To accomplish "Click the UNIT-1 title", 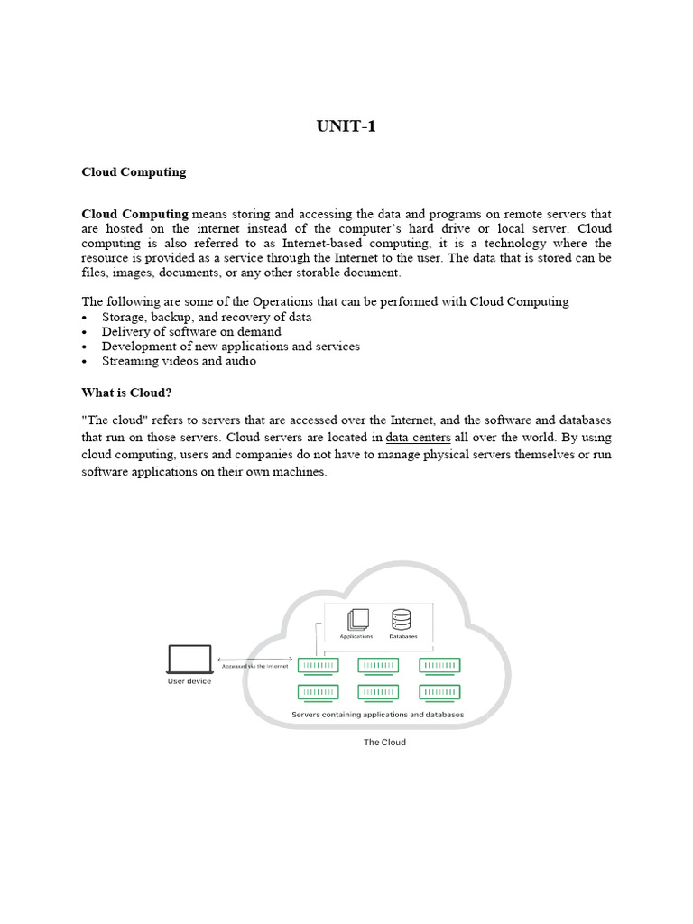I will (x=346, y=126).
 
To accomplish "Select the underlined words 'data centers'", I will (x=418, y=438).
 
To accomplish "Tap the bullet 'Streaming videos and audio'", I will (x=179, y=361).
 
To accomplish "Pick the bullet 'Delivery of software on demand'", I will (x=191, y=332).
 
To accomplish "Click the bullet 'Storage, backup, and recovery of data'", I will (x=207, y=318).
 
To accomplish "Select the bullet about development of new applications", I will (x=230, y=346).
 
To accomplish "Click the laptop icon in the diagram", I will (x=189, y=659).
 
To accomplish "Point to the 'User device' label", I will (x=189, y=681).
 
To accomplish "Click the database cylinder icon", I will (x=401, y=620).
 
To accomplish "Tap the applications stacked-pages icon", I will (x=357, y=620).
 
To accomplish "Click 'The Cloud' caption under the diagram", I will (x=383, y=743).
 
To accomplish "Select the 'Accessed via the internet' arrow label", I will (x=254, y=666).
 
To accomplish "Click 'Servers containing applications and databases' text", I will (x=377, y=714).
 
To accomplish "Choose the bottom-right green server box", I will (x=439, y=692).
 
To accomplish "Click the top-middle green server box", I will (x=378, y=666).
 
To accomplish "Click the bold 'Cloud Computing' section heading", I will (x=134, y=171).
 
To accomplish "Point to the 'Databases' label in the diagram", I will (x=402, y=636).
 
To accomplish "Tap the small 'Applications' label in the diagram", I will (x=356, y=636).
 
